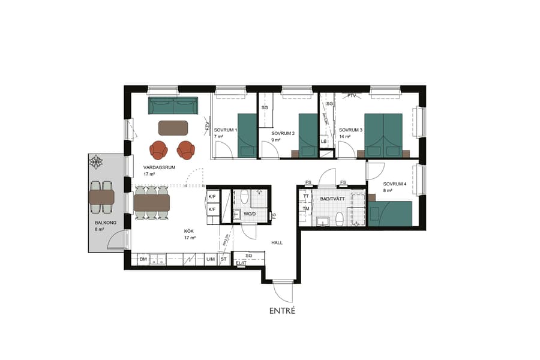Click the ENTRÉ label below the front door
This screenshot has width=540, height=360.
(282, 310)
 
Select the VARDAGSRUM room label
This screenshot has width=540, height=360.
(159, 167)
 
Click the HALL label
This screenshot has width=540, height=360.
(277, 243)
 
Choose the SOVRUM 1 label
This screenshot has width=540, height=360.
(225, 130)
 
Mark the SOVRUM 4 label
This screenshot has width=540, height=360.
(379, 184)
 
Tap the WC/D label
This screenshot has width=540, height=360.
(249, 214)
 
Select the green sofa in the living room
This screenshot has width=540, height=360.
(173, 106)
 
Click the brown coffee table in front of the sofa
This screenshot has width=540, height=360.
(173, 128)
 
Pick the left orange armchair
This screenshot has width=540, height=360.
(159, 149)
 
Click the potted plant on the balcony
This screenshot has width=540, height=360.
(97, 162)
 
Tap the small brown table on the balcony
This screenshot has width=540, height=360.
(101, 197)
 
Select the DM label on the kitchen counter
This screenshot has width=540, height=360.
(143, 259)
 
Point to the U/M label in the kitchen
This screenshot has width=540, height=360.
(210, 259)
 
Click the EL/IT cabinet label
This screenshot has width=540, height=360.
(241, 263)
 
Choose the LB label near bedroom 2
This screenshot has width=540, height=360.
(324, 142)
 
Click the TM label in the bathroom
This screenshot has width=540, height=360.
(306, 208)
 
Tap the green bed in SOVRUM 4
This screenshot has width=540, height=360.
(391, 213)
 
